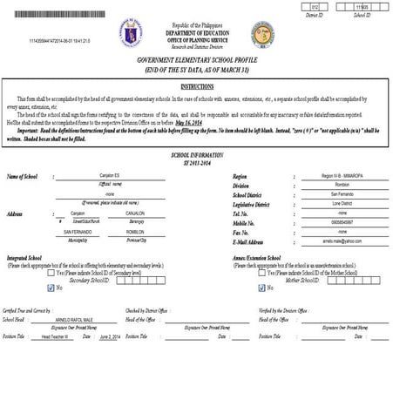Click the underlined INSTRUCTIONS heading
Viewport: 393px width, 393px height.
tap(197, 87)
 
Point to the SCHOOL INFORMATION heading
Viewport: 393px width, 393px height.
tap(195, 153)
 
